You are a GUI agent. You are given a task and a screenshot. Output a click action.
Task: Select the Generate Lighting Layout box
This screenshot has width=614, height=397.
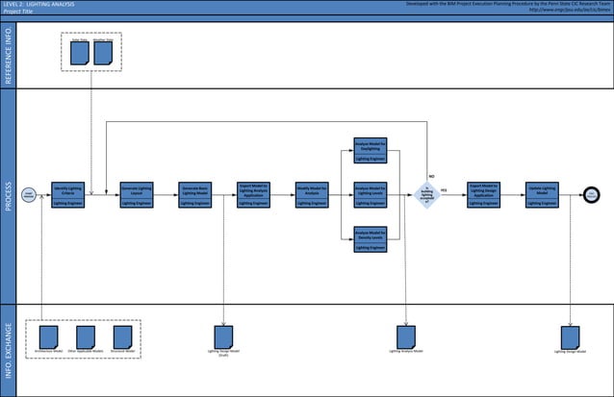pos(138,194)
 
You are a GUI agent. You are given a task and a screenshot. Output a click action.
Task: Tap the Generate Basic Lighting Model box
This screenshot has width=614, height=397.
pos(196,194)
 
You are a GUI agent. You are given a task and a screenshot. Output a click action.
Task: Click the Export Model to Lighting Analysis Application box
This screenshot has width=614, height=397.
pos(254,194)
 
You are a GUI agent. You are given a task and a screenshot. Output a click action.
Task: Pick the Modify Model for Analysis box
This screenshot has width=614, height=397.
pos(312,194)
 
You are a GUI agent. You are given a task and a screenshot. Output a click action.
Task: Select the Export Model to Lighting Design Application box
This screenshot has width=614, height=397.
pos(483,194)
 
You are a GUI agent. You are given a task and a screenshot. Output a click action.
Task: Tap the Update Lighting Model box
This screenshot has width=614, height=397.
pos(542,194)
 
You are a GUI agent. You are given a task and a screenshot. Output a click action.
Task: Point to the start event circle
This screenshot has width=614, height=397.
pos(29,194)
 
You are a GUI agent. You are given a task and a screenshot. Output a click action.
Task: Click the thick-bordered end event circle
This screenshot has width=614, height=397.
pos(590,194)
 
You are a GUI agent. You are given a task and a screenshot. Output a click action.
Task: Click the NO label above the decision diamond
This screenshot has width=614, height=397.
pos(431,177)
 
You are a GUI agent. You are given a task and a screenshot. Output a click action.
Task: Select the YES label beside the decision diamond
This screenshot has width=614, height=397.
pos(444,190)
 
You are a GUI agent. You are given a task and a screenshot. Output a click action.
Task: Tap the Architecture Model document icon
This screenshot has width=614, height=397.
pos(49,336)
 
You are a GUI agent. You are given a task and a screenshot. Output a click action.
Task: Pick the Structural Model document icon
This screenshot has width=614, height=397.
pos(122,336)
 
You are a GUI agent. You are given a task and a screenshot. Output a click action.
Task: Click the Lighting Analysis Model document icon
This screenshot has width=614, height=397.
pos(406,336)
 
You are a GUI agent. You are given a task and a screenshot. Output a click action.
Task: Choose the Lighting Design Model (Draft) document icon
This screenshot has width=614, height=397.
pos(224,336)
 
